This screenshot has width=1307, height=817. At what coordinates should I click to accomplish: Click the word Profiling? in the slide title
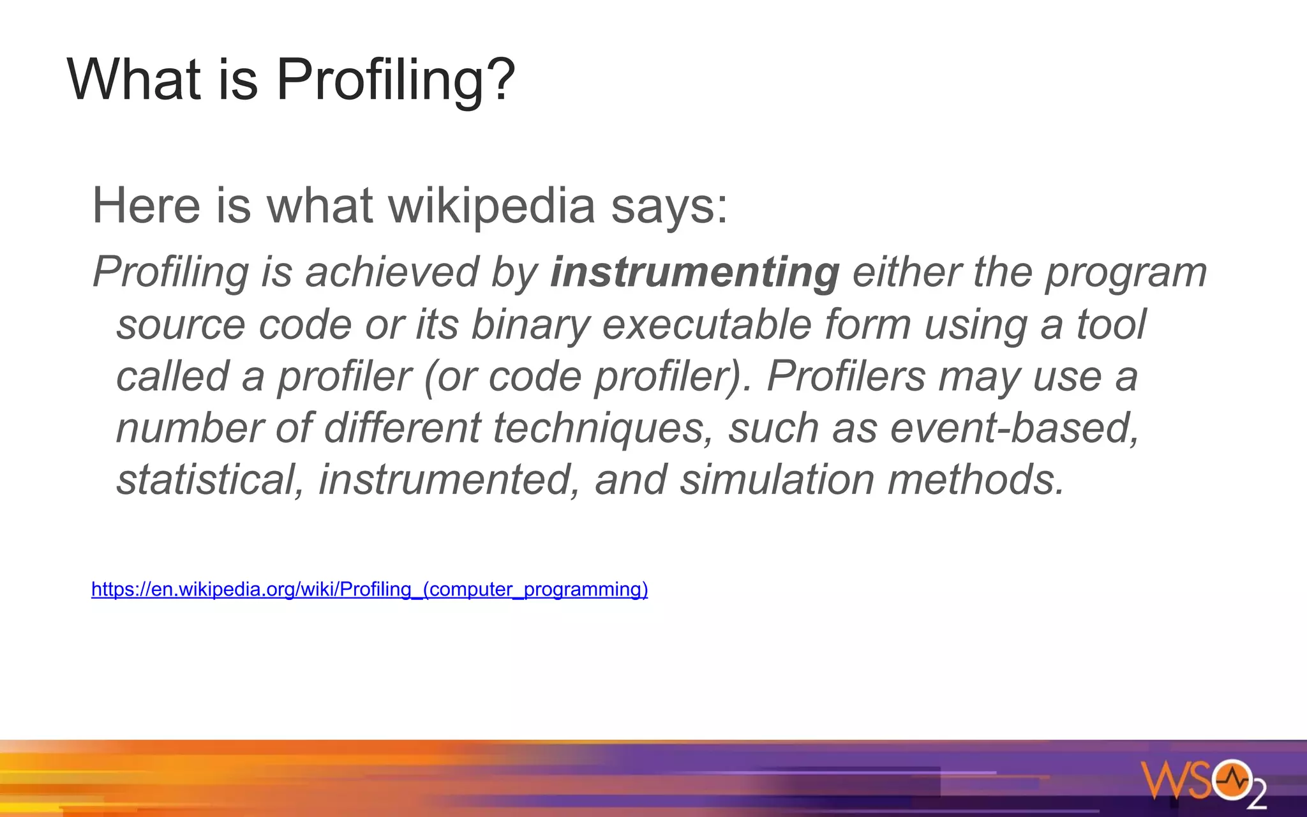(x=395, y=80)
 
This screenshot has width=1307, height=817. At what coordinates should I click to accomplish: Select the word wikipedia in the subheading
(x=491, y=206)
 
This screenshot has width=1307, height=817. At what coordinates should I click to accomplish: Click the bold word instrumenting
(x=694, y=273)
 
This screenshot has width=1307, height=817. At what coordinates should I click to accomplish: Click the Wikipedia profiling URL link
(x=370, y=588)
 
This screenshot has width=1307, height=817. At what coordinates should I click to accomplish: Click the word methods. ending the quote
(x=976, y=480)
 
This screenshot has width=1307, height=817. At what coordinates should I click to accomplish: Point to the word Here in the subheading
(x=146, y=206)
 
